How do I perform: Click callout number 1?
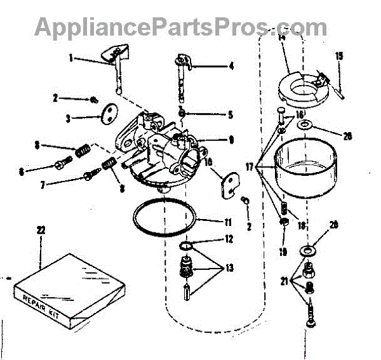pyautogui.click(x=72, y=58)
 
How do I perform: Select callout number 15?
pyautogui.click(x=338, y=56)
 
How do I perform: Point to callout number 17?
pyautogui.click(x=250, y=168)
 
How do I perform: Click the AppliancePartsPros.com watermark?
pyautogui.click(x=180, y=27)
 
